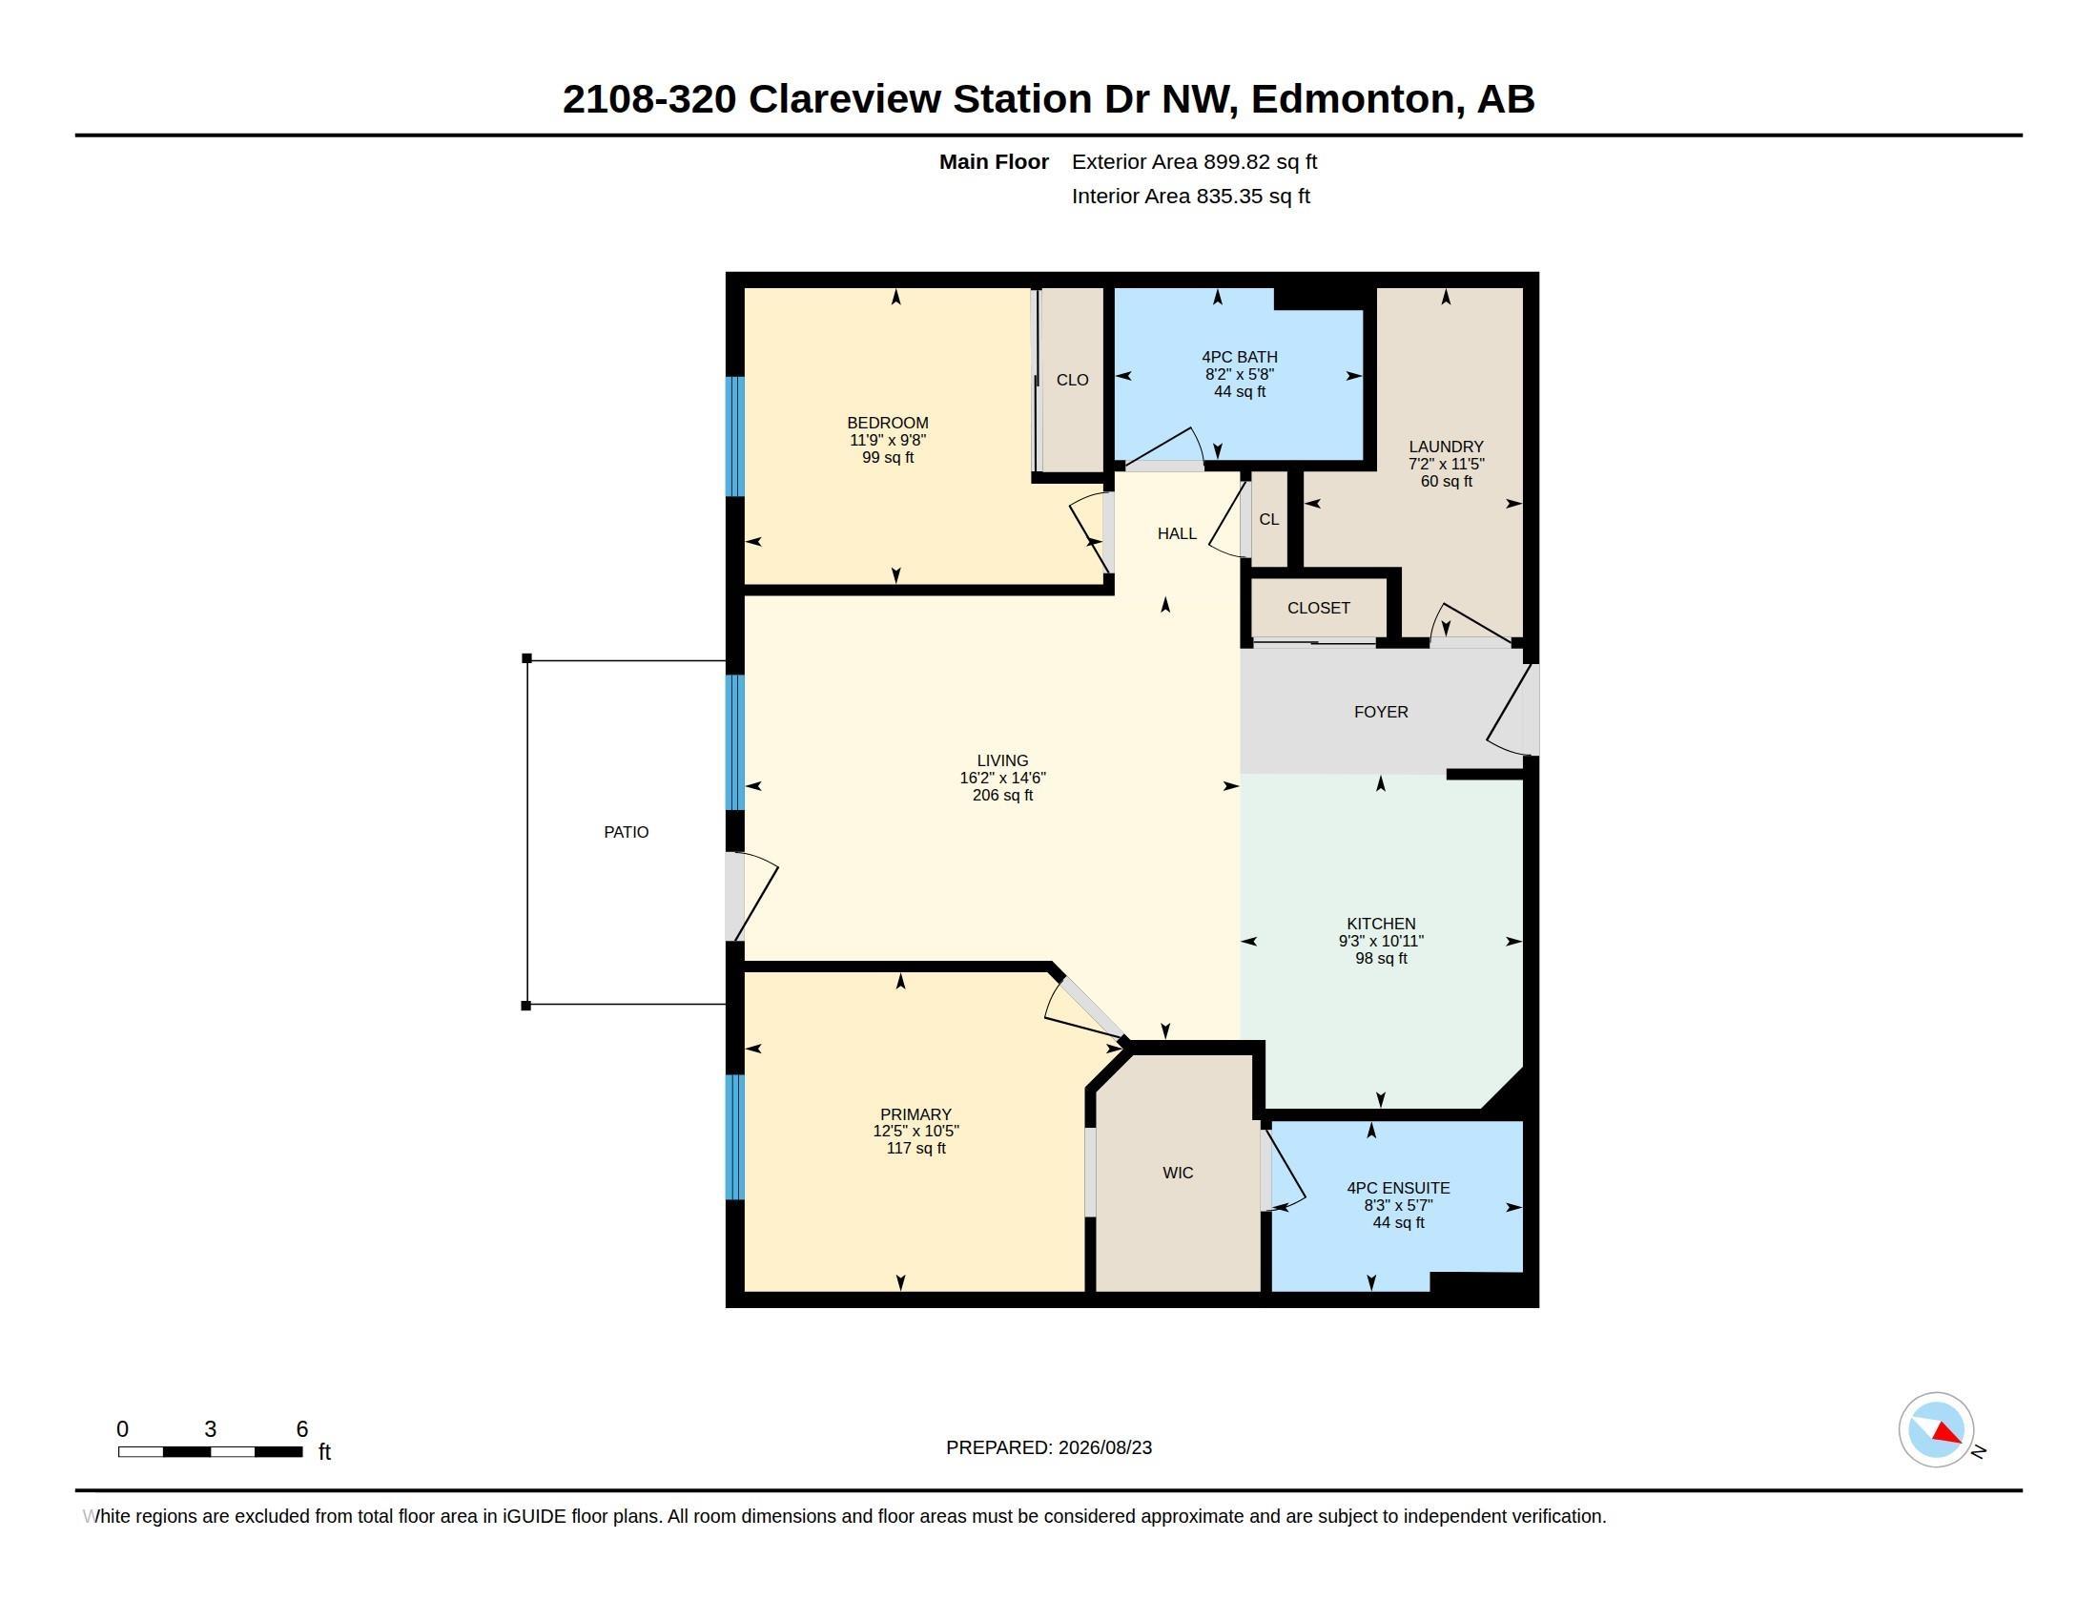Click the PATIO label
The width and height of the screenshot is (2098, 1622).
click(627, 832)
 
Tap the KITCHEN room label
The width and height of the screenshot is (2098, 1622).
click(1381, 924)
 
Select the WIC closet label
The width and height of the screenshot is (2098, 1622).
click(1178, 1173)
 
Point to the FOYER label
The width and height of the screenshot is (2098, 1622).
click(1381, 712)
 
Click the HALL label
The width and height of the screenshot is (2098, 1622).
click(1177, 533)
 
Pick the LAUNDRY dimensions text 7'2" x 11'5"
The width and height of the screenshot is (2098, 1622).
click(1446, 464)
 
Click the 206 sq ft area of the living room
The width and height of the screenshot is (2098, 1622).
click(1002, 796)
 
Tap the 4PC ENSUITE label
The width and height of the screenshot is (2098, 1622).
click(1398, 1188)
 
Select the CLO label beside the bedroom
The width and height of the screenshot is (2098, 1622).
click(1072, 380)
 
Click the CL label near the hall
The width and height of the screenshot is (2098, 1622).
click(1269, 519)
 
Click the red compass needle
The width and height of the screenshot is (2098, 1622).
click(1946, 1434)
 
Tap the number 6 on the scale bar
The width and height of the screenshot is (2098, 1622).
click(301, 1429)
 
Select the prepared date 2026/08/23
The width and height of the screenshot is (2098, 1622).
click(1104, 1448)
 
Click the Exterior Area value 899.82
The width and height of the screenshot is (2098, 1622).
click(1235, 162)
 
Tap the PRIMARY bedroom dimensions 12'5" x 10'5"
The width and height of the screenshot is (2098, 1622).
click(915, 1131)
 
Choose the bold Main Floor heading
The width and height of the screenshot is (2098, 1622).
click(994, 162)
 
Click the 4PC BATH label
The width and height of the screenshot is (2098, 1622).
click(1239, 358)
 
